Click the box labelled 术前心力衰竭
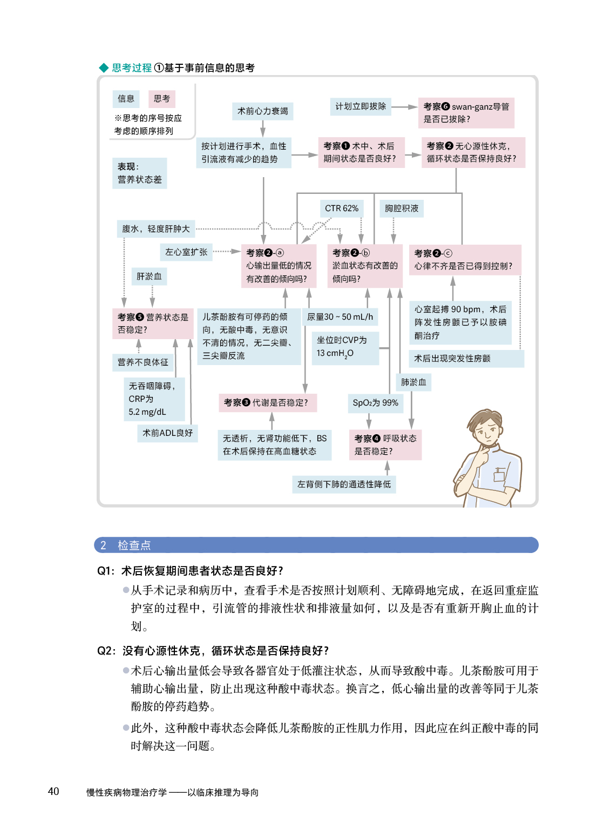pyautogui.click(x=263, y=111)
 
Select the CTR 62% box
pyautogui.click(x=341, y=208)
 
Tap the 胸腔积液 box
pyautogui.click(x=402, y=208)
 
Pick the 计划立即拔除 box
pyautogui.click(x=361, y=106)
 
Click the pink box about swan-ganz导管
pyautogui.click(x=466, y=113)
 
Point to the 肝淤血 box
pyautogui.click(x=149, y=277)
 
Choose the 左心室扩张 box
pyautogui.click(x=186, y=252)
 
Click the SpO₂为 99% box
pyautogui.click(x=375, y=403)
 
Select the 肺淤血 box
pyautogui.click(x=413, y=382)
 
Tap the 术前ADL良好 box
pyautogui.click(x=167, y=433)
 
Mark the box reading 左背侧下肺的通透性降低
pyautogui.click(x=344, y=484)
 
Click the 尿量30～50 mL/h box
pyautogui.click(x=340, y=317)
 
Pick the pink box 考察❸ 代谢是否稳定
pyautogui.click(x=267, y=403)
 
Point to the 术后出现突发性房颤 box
pyautogui.click(x=466, y=359)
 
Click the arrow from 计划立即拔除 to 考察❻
pyautogui.click(x=404, y=107)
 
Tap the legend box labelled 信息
pyautogui.click(x=126, y=99)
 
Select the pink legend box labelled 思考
pyautogui.click(x=161, y=99)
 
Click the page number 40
pyautogui.click(x=53, y=791)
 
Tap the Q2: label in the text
pyautogui.click(x=106, y=651)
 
